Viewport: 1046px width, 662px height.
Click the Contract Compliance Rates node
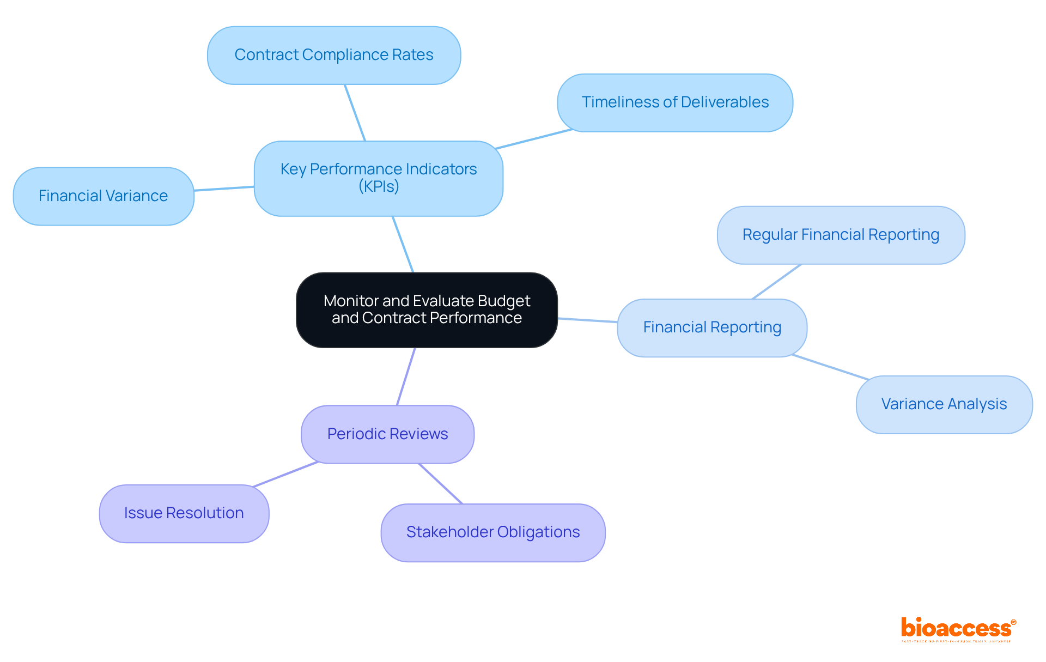click(334, 55)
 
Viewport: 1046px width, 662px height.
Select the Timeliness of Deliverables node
click(675, 102)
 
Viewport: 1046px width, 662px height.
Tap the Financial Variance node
click(104, 196)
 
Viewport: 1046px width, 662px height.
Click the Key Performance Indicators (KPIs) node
click(379, 178)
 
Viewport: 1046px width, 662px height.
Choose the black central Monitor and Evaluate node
click(427, 309)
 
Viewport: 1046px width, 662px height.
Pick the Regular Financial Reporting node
click(841, 235)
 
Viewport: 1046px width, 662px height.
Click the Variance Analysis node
click(944, 404)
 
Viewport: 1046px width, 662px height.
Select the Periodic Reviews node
click(387, 434)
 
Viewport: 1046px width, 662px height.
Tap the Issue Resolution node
click(184, 513)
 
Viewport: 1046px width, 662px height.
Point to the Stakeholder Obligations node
click(493, 532)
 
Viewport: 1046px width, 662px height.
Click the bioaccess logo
click(957, 629)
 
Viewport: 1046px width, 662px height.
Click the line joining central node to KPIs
click(403, 244)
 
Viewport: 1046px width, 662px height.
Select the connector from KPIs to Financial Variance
click(224, 189)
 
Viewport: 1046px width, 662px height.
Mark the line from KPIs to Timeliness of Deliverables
click(534, 139)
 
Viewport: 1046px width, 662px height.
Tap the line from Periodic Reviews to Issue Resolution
click(285, 474)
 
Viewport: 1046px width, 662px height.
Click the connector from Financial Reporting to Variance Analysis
click(831, 367)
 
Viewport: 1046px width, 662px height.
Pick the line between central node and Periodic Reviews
click(406, 376)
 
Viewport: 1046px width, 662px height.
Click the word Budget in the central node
click(504, 301)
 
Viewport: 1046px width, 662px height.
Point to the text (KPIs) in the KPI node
click(379, 187)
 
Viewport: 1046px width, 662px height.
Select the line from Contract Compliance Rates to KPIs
click(355, 113)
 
